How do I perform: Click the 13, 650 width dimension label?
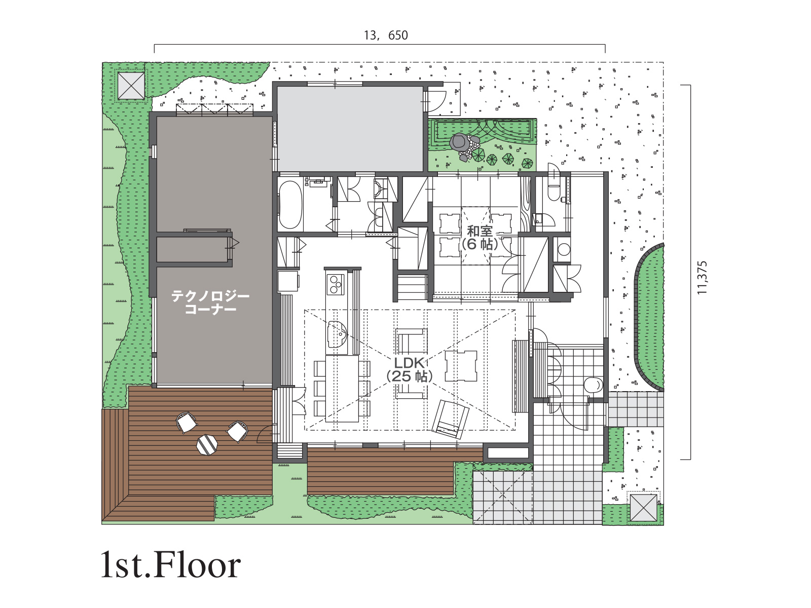click(386, 35)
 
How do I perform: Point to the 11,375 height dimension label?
click(702, 278)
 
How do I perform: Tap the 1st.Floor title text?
click(171, 565)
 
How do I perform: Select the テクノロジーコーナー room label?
click(210, 302)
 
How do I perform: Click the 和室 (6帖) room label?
click(480, 238)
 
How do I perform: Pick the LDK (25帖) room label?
click(409, 369)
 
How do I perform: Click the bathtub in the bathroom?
click(290, 205)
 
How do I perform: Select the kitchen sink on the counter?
click(337, 334)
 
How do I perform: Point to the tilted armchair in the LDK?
click(451, 420)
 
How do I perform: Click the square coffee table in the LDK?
click(461, 366)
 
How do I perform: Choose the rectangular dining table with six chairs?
click(342, 388)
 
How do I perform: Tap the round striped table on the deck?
click(207, 444)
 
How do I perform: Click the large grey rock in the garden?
click(459, 142)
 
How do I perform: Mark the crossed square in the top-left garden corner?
click(131, 86)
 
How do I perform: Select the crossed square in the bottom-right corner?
click(643, 508)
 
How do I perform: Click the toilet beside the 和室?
click(554, 188)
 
